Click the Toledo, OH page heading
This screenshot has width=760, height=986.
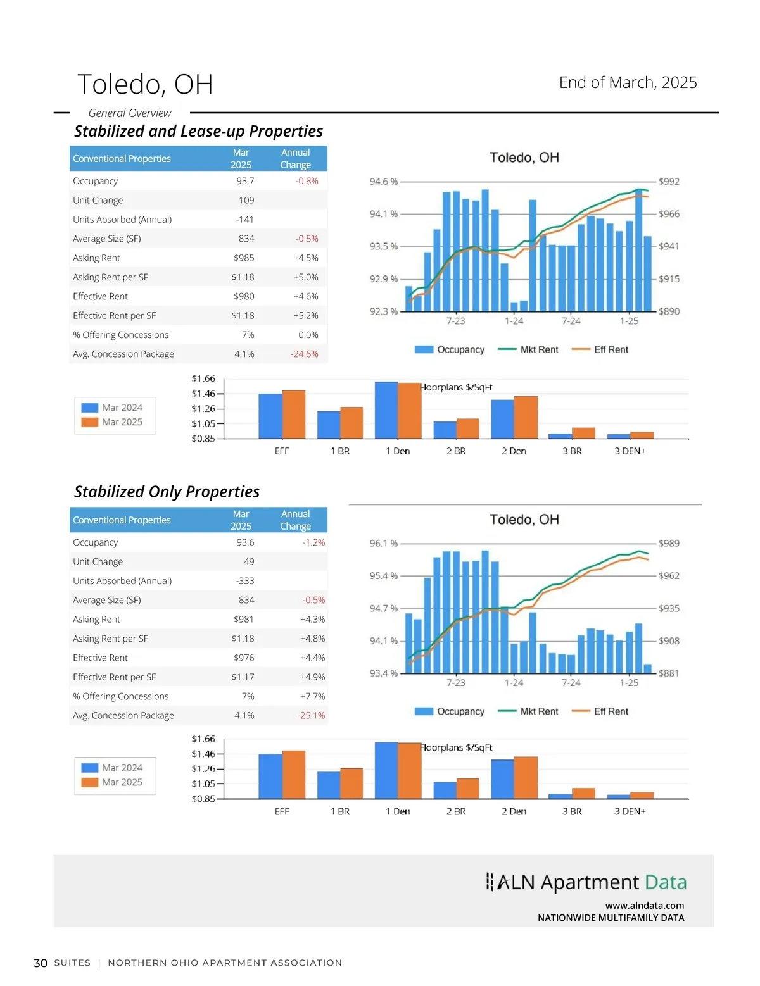click(x=145, y=84)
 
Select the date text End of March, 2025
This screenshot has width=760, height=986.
click(x=628, y=82)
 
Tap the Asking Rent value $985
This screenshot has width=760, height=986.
click(x=244, y=258)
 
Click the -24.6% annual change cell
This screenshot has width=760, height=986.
click(x=304, y=354)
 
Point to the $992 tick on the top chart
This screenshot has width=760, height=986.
click(x=669, y=182)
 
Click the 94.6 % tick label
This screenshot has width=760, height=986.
click(x=384, y=182)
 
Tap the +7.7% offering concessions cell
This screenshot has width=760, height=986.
click(x=312, y=696)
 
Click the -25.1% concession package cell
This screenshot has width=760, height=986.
click(x=311, y=715)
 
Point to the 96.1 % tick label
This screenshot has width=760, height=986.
click(x=384, y=543)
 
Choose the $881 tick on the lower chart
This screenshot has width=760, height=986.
click(x=669, y=673)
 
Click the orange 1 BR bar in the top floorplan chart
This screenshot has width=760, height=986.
click(x=351, y=423)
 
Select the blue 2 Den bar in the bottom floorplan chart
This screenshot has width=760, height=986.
click(x=503, y=778)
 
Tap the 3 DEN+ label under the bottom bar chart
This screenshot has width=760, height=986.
click(x=630, y=811)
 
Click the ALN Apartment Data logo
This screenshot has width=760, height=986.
click(x=586, y=882)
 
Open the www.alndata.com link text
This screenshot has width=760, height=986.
click(x=644, y=906)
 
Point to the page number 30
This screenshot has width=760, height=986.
click(x=41, y=963)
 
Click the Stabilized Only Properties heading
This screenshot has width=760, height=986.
click(x=167, y=492)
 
